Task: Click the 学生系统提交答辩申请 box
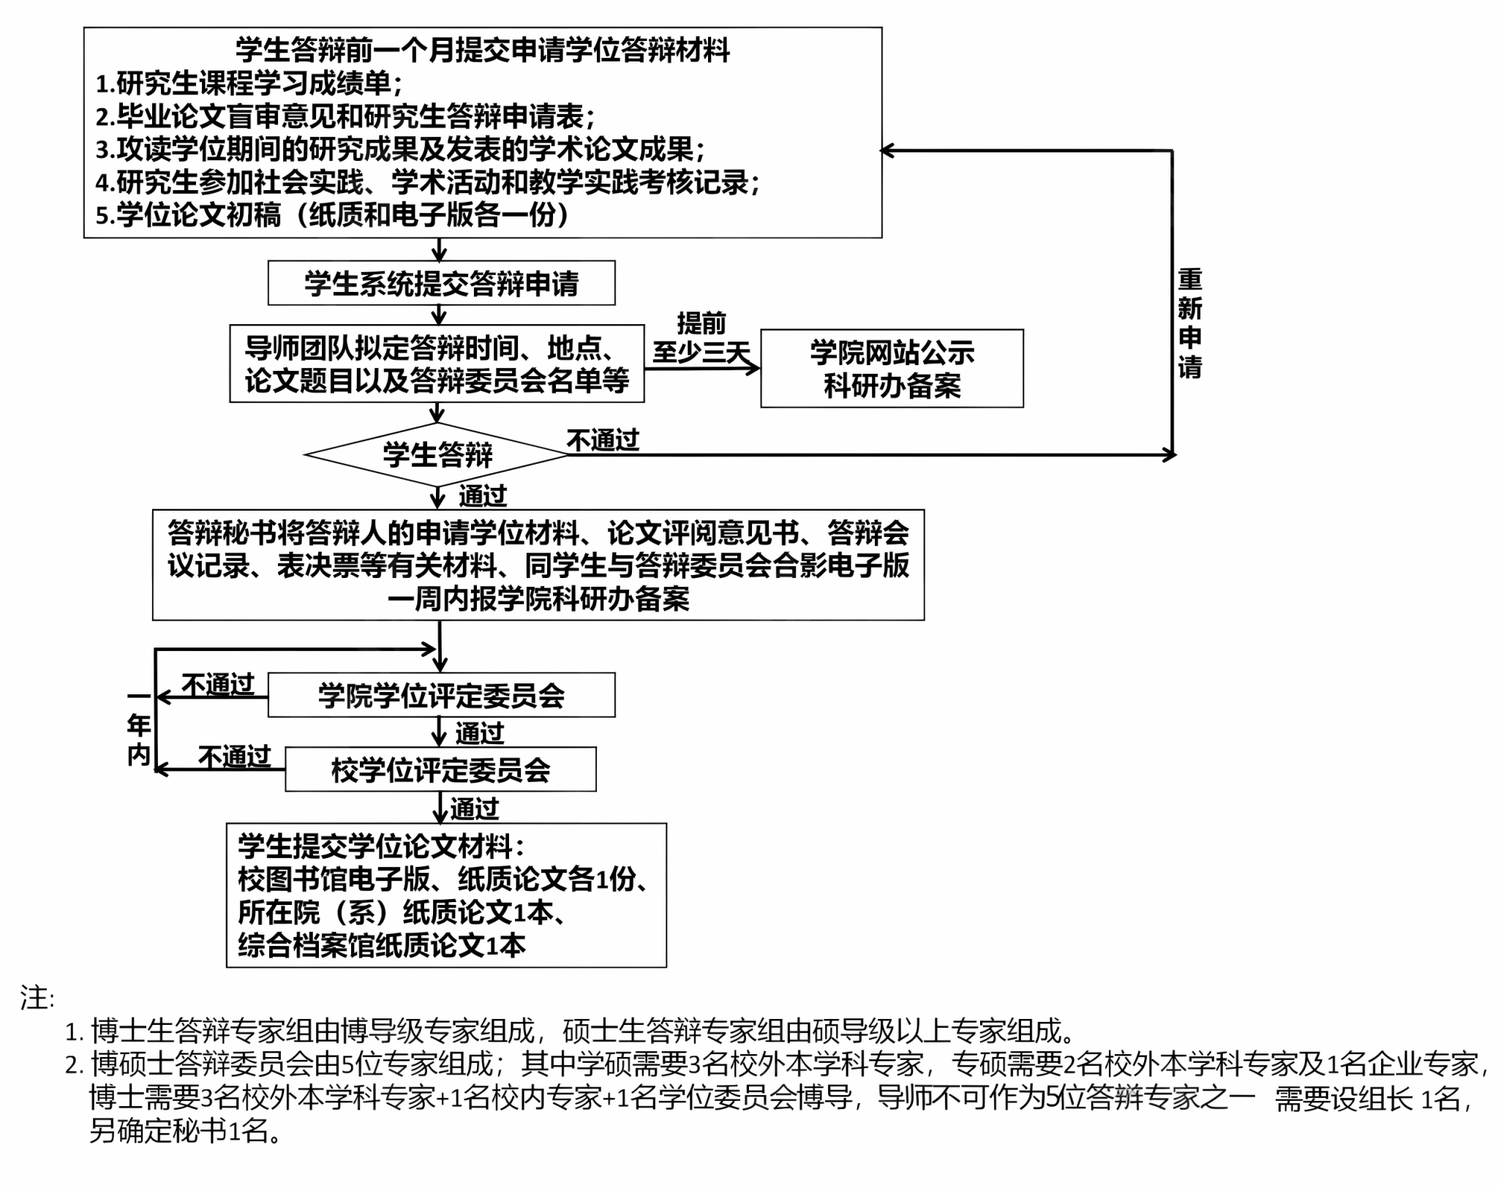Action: tap(441, 283)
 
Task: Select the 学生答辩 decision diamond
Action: tap(437, 454)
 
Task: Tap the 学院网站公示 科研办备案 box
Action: tap(892, 368)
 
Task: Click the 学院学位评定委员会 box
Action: tap(441, 695)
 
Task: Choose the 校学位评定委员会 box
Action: tap(440, 770)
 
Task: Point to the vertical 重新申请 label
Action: tap(1189, 323)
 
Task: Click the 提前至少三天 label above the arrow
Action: tap(701, 338)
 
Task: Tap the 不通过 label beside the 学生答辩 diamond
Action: tap(603, 440)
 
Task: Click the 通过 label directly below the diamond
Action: tap(483, 496)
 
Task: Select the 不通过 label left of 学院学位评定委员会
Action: tap(217, 685)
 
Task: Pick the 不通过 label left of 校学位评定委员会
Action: tap(234, 756)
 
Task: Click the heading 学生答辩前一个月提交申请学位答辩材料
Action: tap(483, 50)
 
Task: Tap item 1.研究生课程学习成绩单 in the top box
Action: tap(249, 83)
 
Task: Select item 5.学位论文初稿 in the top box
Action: tap(333, 215)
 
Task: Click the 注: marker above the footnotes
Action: tap(37, 998)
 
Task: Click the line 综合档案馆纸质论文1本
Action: tap(382, 946)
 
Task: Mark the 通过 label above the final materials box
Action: tap(475, 808)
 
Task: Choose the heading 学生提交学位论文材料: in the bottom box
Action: tap(381, 846)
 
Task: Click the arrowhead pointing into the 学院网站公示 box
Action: tap(753, 368)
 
